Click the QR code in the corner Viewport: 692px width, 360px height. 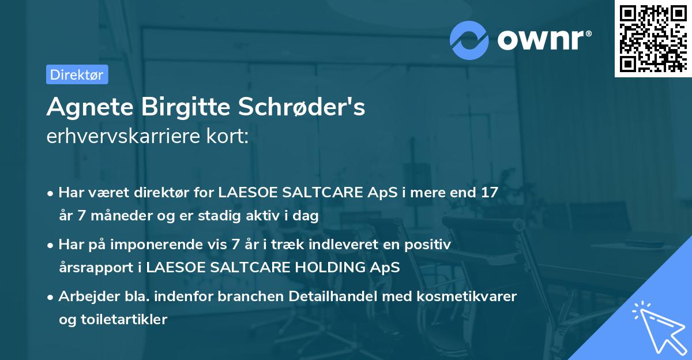tap(653, 39)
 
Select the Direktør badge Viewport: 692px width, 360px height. tap(77, 74)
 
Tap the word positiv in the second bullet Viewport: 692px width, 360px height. tap(430, 245)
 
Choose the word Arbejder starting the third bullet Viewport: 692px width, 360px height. tap(85, 297)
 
